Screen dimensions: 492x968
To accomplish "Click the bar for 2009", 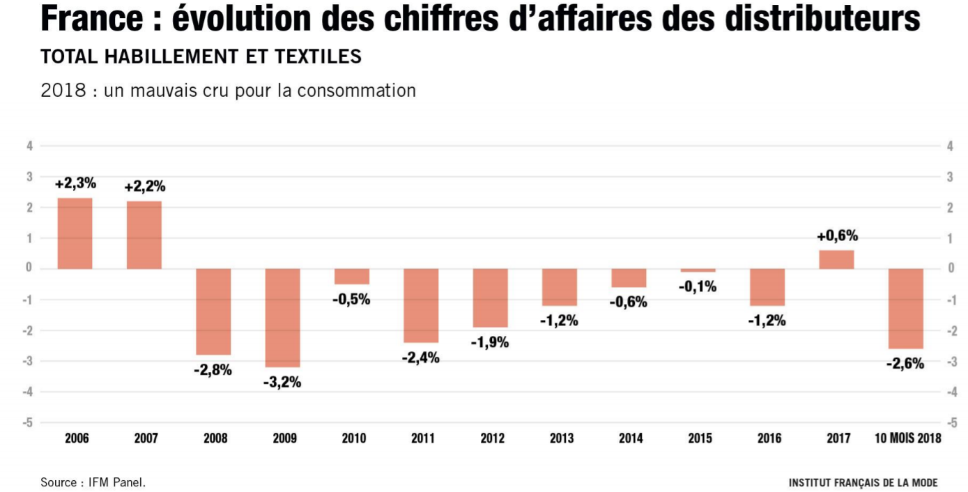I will [282, 318].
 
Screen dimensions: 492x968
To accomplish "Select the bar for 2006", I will [75, 233].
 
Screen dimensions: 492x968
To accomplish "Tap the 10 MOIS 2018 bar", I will [906, 309].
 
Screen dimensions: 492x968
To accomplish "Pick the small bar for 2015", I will [698, 270].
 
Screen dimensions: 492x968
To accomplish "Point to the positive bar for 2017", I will [836, 259].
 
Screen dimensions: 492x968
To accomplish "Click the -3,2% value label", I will [282, 382].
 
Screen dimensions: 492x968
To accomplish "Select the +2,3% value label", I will [75, 184].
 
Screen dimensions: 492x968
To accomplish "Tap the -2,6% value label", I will [905, 363].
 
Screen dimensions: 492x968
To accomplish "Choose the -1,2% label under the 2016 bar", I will [767, 321].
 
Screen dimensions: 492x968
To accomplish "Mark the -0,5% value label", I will [351, 300].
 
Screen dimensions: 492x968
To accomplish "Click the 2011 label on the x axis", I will [422, 438].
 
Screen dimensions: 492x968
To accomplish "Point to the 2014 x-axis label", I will [630, 438].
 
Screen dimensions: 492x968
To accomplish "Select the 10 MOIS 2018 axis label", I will [907, 438].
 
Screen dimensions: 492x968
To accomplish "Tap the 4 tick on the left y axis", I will [29, 146].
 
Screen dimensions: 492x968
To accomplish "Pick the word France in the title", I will [93, 20].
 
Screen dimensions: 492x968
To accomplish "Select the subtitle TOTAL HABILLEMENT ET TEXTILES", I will [201, 56].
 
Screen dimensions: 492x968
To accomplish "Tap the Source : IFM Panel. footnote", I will [93, 482].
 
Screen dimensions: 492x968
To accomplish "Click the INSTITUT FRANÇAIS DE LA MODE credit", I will [863, 482].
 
